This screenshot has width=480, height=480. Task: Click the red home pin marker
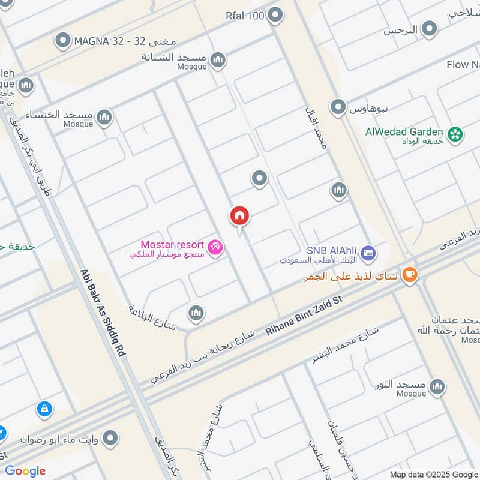click(239, 216)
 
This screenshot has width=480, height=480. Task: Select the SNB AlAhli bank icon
click(368, 253)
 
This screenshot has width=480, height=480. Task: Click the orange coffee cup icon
click(410, 274)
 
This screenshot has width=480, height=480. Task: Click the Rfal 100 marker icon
click(275, 16)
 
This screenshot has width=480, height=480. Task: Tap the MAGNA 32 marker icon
click(63, 41)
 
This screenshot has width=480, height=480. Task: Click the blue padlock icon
click(43, 410)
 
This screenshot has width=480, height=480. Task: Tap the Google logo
click(25, 471)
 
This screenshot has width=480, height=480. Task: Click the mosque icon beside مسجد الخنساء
click(104, 116)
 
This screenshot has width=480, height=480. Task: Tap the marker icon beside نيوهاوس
click(338, 108)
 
